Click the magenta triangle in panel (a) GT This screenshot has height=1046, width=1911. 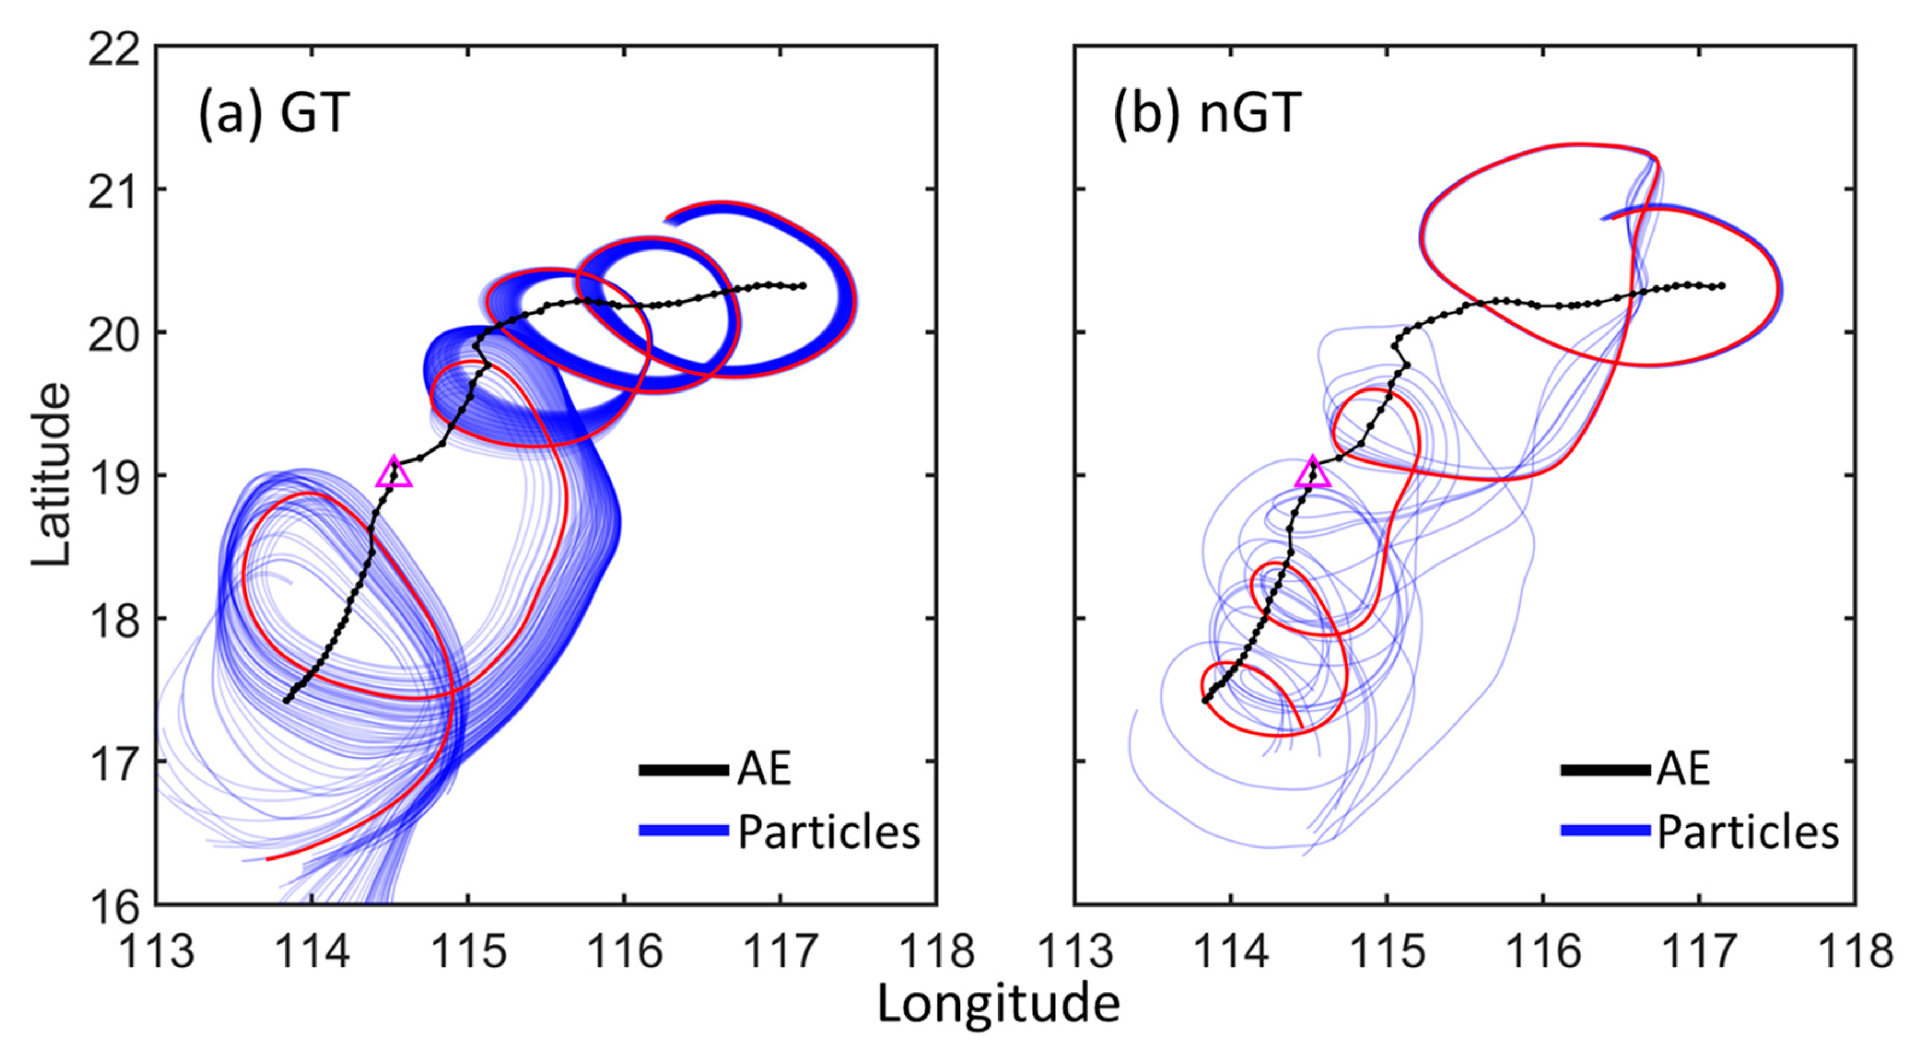394,474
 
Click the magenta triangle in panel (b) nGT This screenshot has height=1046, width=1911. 1312,474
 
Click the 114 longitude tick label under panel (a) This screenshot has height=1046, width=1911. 312,951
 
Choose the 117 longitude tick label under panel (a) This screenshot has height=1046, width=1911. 780,951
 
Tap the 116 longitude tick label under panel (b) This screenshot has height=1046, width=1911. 1543,951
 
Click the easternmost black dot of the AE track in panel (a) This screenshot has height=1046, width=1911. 803,285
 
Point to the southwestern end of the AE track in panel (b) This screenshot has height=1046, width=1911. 1205,699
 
